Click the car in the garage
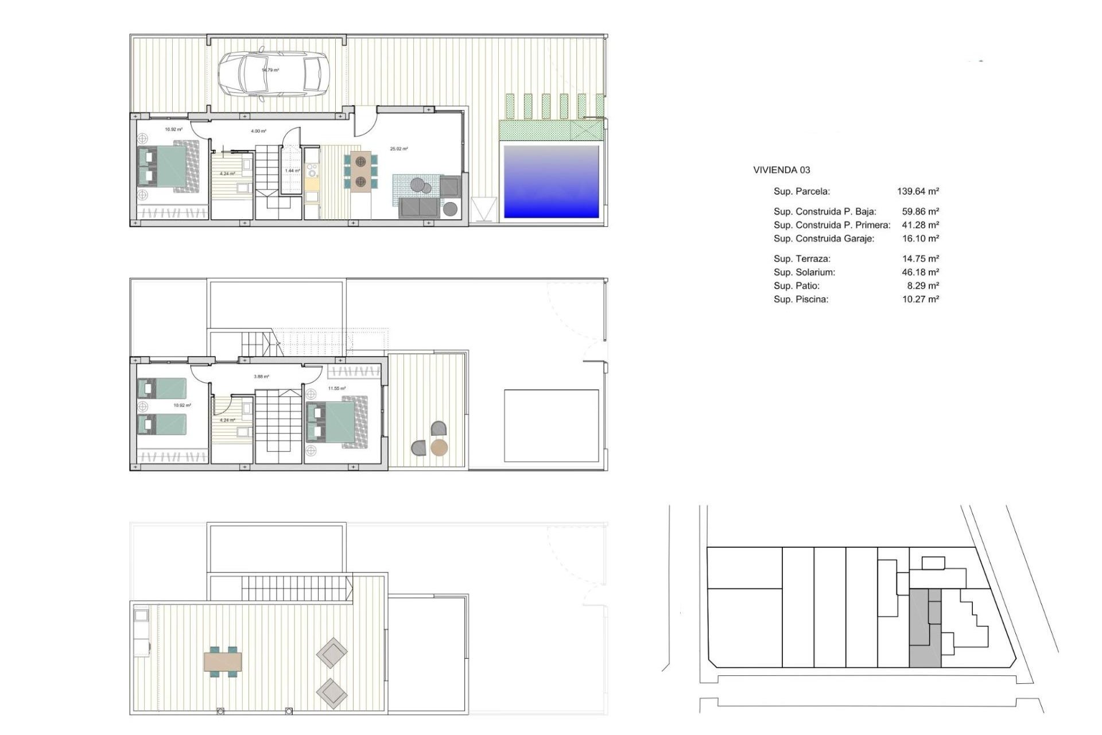click(x=273, y=74)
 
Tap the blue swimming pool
click(x=551, y=181)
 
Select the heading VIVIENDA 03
click(x=781, y=170)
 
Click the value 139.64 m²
click(x=918, y=191)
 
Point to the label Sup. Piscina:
click(x=801, y=299)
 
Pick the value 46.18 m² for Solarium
click(x=920, y=272)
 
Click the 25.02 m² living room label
click(x=399, y=149)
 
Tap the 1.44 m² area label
click(x=293, y=171)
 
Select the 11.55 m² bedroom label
click(x=337, y=389)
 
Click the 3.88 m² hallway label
click(x=261, y=377)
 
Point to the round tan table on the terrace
click(x=439, y=447)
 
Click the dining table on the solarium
click(x=223, y=662)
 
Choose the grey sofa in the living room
click(x=420, y=208)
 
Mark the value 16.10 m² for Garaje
click(x=920, y=238)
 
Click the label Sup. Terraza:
click(x=802, y=258)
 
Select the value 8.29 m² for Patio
click(x=923, y=285)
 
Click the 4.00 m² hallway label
click(x=258, y=131)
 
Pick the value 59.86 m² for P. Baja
click(x=920, y=211)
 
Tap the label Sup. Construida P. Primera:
click(x=832, y=225)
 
